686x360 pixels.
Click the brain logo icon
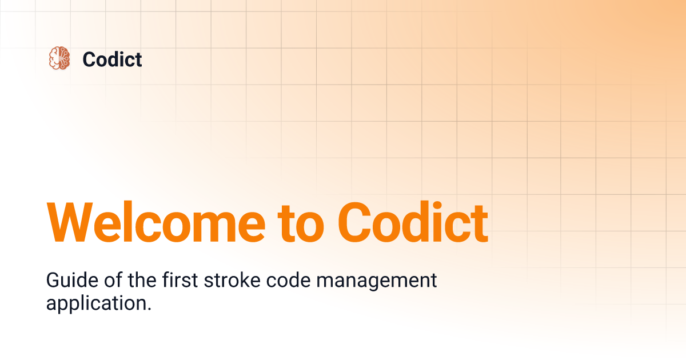coord(59,59)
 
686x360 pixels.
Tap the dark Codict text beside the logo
coord(112,59)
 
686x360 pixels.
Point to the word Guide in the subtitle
coord(66,281)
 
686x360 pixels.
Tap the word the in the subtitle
coord(130,281)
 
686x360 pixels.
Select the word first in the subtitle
coord(170,281)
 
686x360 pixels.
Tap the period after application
coord(150,309)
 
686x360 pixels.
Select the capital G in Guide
coord(52,281)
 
